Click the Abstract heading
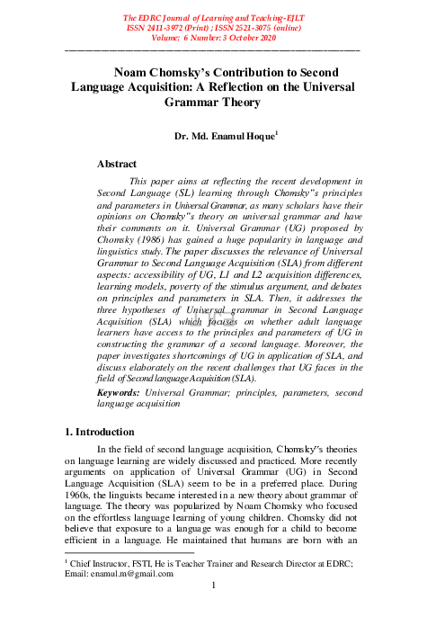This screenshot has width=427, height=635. [116, 164]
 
